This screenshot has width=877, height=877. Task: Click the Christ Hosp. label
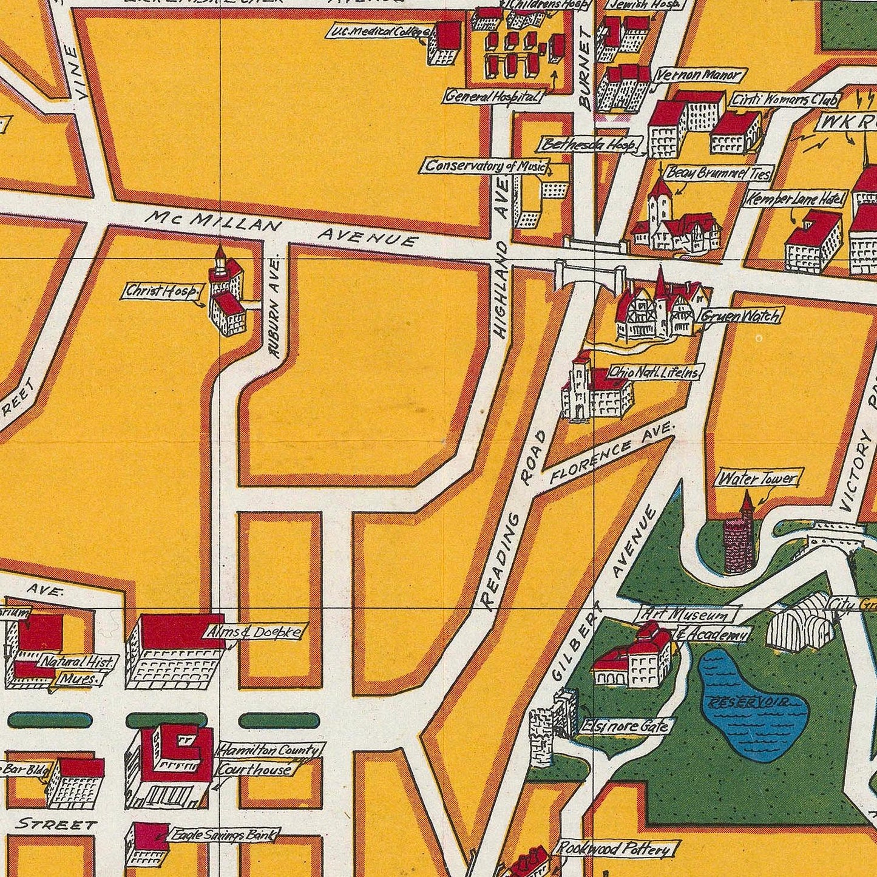[161, 291]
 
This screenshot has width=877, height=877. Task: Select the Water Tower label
[757, 479]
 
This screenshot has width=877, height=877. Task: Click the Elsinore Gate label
[625, 726]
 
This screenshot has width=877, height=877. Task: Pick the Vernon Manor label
[700, 75]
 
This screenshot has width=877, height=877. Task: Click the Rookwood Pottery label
[614, 848]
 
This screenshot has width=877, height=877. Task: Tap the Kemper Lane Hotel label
[795, 198]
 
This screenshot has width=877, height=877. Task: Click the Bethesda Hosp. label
[591, 145]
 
